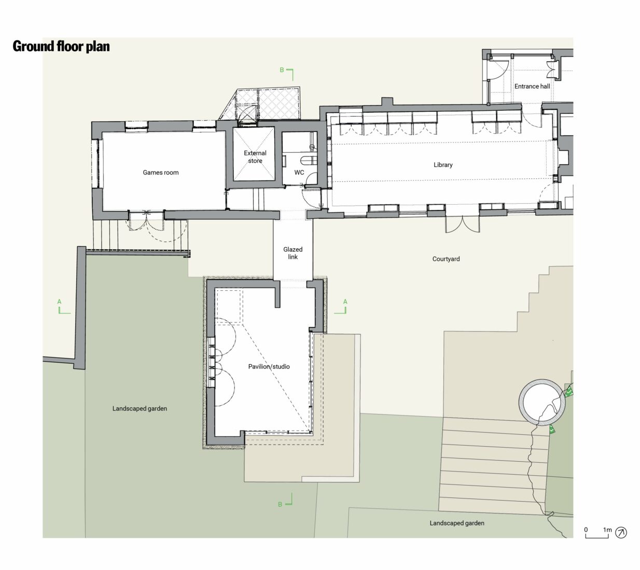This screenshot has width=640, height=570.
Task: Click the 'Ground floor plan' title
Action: (x=61, y=47)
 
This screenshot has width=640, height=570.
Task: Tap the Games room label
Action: (x=161, y=173)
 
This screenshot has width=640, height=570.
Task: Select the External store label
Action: (x=255, y=157)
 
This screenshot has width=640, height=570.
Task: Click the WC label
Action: (x=299, y=173)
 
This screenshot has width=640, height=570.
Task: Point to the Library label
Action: (x=443, y=165)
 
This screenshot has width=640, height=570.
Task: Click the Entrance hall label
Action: (x=532, y=87)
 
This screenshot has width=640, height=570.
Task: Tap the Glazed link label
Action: (x=293, y=253)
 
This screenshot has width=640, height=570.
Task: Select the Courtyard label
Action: (x=446, y=259)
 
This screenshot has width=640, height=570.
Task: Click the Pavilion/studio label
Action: (x=269, y=367)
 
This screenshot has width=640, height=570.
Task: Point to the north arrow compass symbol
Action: (x=621, y=532)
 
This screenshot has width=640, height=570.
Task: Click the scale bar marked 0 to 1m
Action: (x=597, y=534)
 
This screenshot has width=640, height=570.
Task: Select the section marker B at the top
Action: (x=287, y=73)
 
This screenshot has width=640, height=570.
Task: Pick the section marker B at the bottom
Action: (x=286, y=501)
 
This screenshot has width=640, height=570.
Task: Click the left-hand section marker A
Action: (x=62, y=307)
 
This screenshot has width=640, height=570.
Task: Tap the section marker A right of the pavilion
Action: (x=342, y=307)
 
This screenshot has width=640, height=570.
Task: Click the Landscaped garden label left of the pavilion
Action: (x=140, y=409)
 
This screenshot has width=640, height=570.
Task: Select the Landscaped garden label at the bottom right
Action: (x=457, y=523)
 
